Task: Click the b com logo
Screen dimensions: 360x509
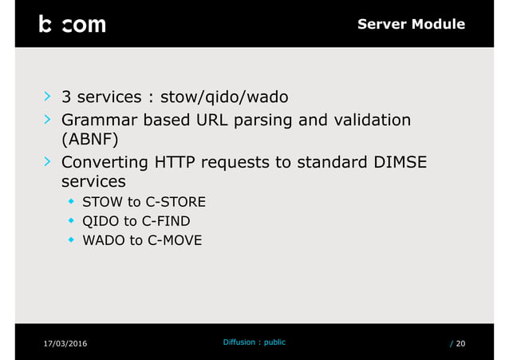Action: pos(72,24)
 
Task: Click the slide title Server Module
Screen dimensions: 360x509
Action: pos(411,24)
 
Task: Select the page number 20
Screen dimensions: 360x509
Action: pos(461,343)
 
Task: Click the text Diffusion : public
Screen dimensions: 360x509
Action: pos(254,342)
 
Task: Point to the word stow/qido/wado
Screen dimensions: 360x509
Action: pos(225,98)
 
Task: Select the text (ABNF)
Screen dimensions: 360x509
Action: pos(90,140)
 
